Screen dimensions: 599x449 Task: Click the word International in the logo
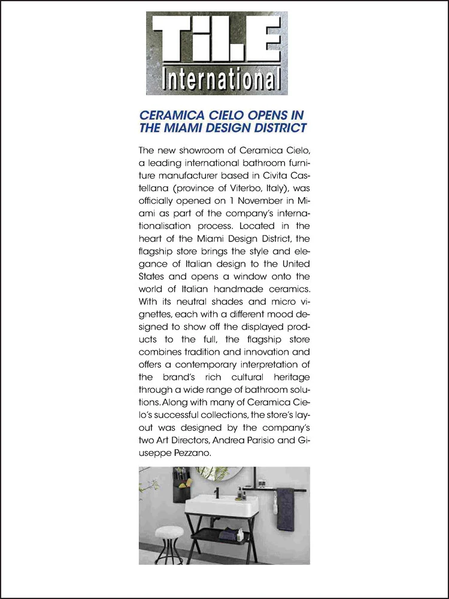coord(216,79)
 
